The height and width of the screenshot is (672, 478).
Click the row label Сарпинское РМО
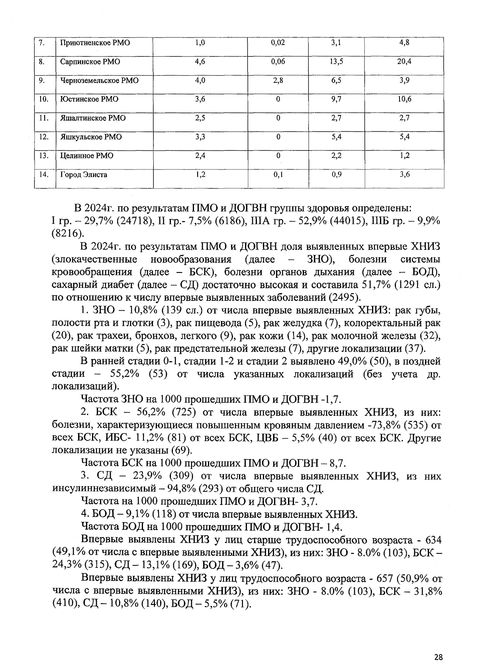coord(90,62)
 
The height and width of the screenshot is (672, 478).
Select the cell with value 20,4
coord(404,61)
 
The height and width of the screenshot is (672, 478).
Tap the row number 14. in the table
coord(44,174)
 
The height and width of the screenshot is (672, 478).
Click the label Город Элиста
coord(84,175)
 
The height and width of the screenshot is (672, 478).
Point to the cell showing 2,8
coord(278,80)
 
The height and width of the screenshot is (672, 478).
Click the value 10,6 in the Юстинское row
coord(404,99)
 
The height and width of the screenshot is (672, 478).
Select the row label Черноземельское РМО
coord(99,80)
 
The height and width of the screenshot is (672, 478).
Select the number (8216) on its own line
coord(67,234)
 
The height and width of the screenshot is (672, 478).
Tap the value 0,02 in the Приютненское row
coord(278,43)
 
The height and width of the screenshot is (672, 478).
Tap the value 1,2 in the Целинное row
coord(404,156)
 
